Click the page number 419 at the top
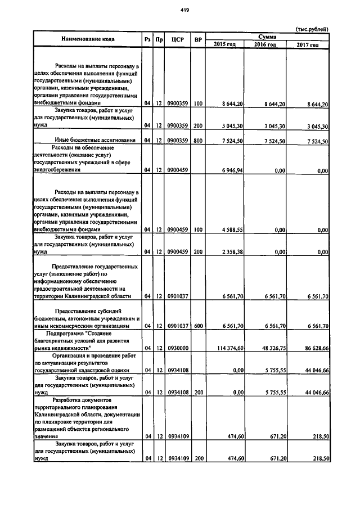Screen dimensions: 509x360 click(x=184, y=10)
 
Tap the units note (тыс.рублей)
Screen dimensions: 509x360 click(x=312, y=29)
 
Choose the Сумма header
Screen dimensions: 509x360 click(x=267, y=36)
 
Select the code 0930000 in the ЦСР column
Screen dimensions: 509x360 click(x=178, y=349)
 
